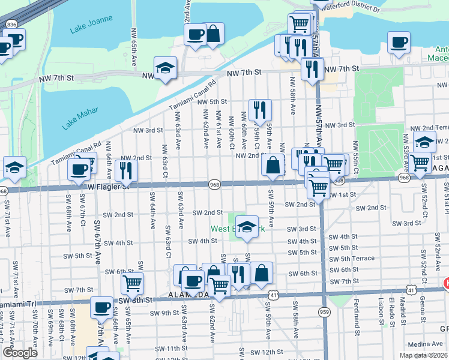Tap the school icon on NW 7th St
165,68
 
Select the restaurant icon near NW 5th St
259,110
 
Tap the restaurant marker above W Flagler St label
126,170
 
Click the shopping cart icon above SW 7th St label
132,282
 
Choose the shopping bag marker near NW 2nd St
273,166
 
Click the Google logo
20,352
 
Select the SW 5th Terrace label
357,259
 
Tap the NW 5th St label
209,101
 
